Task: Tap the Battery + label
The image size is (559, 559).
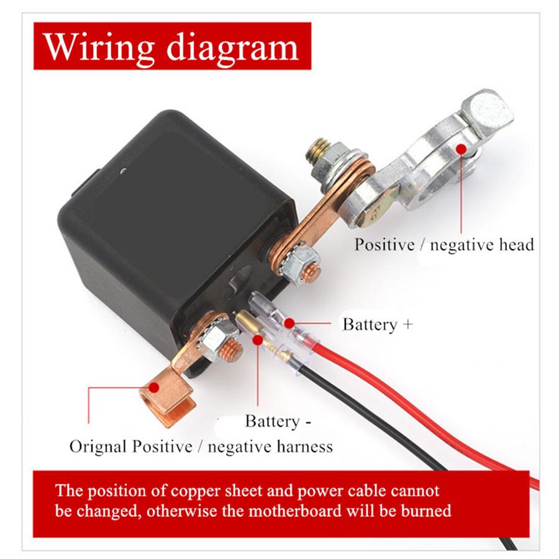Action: coord(377,324)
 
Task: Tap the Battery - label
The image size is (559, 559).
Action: coord(278,421)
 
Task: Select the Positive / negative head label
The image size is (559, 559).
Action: coord(444,245)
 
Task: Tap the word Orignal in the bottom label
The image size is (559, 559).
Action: coord(99,447)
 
